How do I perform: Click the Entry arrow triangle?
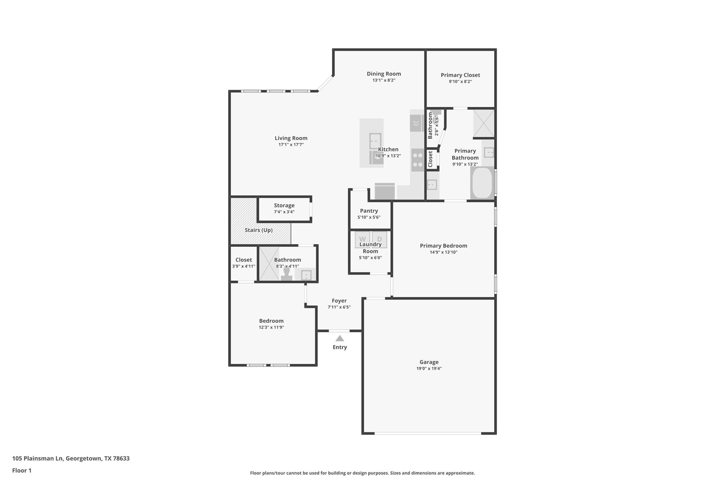339,338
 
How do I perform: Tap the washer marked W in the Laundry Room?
362,239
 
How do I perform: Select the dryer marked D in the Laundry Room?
379,239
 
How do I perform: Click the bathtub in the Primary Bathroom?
482,183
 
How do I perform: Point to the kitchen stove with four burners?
418,160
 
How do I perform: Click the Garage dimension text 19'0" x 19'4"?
429,368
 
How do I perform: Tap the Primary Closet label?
460,75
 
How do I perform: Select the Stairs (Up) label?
258,230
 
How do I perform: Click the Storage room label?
284,205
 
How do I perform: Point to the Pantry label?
369,211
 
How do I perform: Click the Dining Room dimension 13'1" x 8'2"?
384,80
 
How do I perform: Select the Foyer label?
339,300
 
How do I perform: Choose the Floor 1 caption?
22,470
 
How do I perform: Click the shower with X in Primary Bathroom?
484,123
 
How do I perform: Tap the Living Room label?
291,138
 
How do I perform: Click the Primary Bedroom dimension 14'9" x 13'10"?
444,252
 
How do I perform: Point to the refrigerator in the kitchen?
385,191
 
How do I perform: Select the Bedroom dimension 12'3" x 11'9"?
271,327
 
